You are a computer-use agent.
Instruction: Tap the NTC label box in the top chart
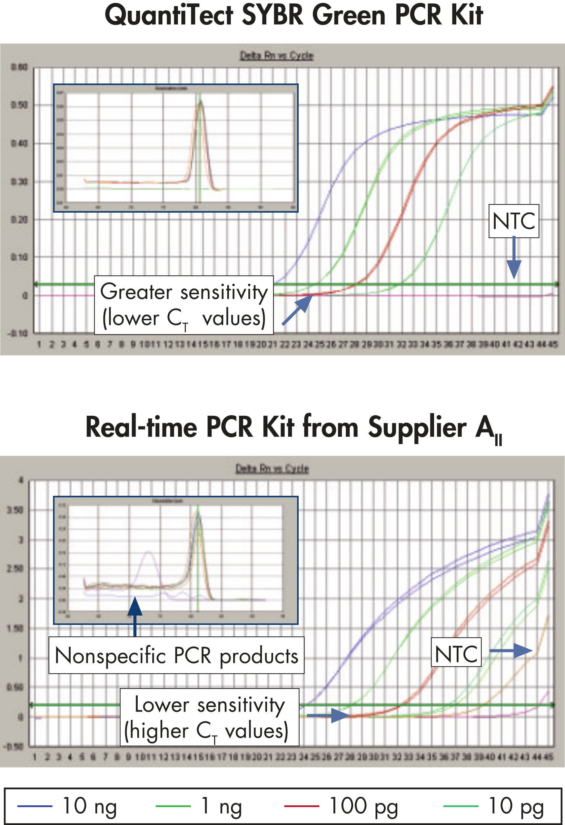pos(513,221)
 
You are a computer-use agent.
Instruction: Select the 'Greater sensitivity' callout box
pos(184,305)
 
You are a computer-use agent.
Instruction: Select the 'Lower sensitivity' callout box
pos(209,717)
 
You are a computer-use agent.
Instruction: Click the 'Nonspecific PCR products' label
pos(176,655)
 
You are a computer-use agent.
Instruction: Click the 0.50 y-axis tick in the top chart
pos(19,105)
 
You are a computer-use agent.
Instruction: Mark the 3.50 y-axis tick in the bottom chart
pos(15,510)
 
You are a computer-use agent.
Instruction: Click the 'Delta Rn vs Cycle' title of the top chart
pos(276,56)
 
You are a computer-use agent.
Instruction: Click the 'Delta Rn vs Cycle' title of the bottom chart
pos(272,469)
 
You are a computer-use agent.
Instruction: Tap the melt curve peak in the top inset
pos(200,102)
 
